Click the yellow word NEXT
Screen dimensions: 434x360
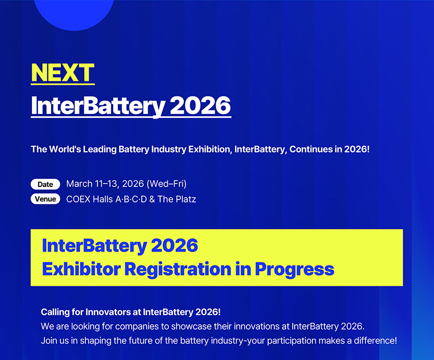tap(63, 72)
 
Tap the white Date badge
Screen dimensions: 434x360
tap(45, 184)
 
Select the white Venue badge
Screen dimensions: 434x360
tap(45, 199)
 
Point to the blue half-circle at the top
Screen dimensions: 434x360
tap(74, 14)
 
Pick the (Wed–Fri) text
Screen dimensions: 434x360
tap(166, 184)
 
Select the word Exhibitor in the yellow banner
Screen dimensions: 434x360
tap(81, 269)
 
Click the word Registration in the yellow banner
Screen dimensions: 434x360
tap(177, 269)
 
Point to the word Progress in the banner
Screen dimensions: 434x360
tap(295, 269)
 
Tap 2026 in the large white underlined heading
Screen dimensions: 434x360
tap(200, 106)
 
